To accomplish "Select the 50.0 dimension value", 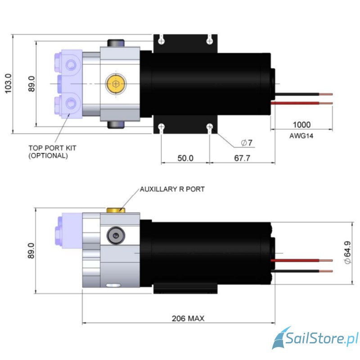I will click(185, 158).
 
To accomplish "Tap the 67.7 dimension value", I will click(242, 158).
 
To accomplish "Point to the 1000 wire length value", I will click(301, 124).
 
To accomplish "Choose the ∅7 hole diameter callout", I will click(247, 143).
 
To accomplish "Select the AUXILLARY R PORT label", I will click(172, 189).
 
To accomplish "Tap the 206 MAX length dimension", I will click(188, 318).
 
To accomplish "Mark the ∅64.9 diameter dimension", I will click(347, 254).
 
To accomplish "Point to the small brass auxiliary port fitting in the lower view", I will click(115, 210).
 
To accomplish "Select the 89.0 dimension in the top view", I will click(31, 84).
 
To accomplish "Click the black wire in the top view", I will click(301, 94).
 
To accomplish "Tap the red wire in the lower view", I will click(301, 261).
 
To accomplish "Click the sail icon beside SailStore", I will click(283, 338).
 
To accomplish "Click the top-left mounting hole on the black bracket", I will click(162, 40).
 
